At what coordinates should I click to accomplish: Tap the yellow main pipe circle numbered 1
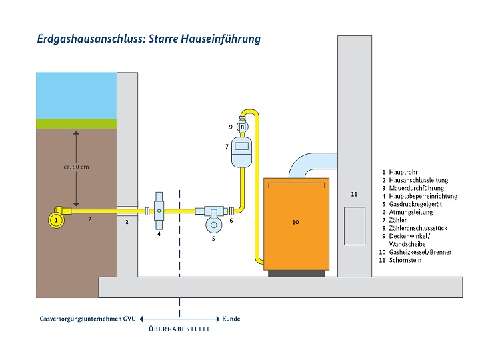pyautogui.click(x=57, y=218)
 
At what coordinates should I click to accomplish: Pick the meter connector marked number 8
pyautogui.click(x=243, y=127)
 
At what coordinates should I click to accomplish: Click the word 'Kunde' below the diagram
pyautogui.click(x=231, y=319)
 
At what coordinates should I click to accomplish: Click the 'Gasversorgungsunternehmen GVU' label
pyautogui.click(x=87, y=319)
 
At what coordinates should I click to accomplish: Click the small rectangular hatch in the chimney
pyautogui.click(x=354, y=226)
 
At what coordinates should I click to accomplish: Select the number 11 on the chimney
pyautogui.click(x=354, y=194)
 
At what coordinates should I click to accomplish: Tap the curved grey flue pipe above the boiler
pyautogui.click(x=308, y=163)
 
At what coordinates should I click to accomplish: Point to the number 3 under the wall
pyautogui.click(x=126, y=223)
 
